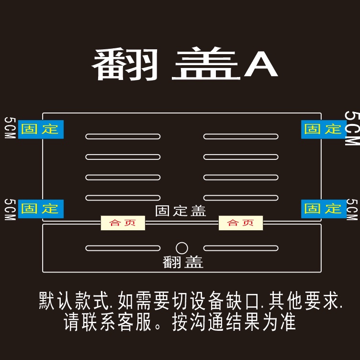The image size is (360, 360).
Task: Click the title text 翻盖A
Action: [x=185, y=65]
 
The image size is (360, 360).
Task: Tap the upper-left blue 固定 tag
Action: [x=41, y=129]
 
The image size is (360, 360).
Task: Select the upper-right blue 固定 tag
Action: [x=323, y=129]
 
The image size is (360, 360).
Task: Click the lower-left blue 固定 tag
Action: [x=41, y=209]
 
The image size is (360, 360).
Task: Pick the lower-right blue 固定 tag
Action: [x=323, y=209]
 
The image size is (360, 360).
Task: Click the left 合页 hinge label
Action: [x=123, y=223]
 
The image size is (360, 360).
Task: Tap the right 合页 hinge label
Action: [x=240, y=223]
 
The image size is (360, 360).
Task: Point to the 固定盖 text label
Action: [x=180, y=211]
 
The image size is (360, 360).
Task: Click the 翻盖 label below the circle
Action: [x=183, y=262]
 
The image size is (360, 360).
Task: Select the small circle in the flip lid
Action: [x=182, y=248]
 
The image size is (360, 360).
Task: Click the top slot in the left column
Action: [x=123, y=136]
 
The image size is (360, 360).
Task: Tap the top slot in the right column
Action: [x=240, y=136]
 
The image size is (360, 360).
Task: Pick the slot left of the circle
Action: [x=123, y=248]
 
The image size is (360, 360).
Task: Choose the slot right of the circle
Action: [x=240, y=248]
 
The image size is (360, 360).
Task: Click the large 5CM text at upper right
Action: [x=352, y=128]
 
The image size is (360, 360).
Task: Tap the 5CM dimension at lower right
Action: [x=352, y=210]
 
